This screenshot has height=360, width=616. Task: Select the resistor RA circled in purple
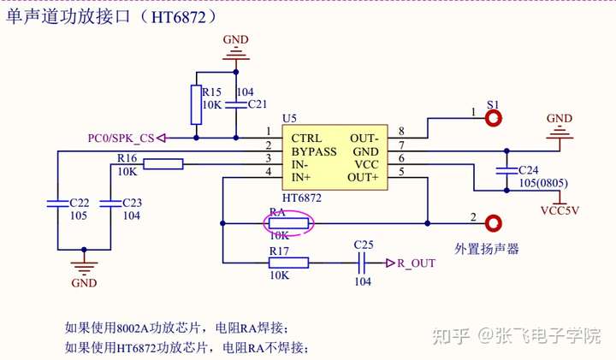[288, 224]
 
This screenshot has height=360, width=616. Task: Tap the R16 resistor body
[163, 164]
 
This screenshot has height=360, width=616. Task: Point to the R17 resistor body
[288, 263]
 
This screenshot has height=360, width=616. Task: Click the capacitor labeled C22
[56, 204]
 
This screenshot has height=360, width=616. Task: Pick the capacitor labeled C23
[111, 204]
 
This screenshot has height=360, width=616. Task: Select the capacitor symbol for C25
[363, 263]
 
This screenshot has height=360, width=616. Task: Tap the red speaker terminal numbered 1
[493, 118]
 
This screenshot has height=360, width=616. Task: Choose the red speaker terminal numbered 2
[493, 224]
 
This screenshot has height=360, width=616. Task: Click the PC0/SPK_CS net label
[121, 138]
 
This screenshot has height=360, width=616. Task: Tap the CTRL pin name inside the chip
[307, 138]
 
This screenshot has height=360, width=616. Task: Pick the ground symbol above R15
[234, 53]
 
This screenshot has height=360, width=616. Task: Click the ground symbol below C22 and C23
[84, 267]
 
